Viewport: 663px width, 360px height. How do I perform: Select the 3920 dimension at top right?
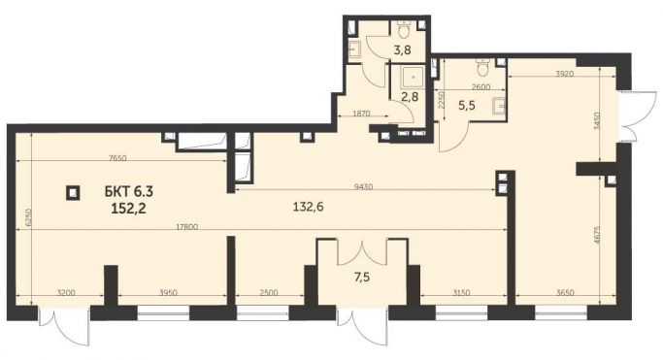[x=553, y=73]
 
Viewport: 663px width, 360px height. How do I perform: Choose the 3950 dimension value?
[x=172, y=293]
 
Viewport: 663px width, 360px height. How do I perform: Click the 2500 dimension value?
[x=270, y=293]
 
